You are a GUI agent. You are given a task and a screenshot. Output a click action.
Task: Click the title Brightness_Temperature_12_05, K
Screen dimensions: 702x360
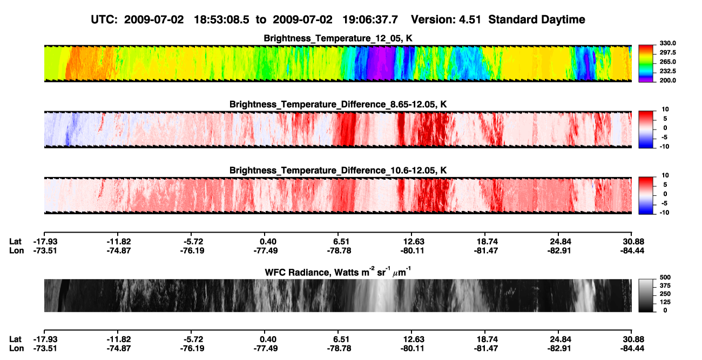tap(338, 38)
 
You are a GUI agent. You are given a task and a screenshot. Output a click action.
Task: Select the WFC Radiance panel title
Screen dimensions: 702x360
tap(337, 271)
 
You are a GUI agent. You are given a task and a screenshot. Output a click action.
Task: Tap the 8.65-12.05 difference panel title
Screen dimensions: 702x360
tap(338, 104)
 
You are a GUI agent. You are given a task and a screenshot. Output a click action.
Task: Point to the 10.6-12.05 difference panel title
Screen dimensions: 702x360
tap(338, 171)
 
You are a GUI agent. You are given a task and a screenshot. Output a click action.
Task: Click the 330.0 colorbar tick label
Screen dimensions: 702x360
tap(667, 43)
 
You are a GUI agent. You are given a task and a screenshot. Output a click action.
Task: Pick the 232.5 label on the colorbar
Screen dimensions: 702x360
tap(667, 71)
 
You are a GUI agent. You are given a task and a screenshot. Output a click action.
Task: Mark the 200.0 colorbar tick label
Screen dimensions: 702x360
tap(667, 80)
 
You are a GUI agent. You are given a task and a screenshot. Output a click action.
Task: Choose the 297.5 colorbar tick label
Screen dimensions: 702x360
tap(667, 53)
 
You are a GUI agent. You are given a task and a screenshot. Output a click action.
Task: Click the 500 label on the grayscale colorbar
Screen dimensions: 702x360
tap(665, 277)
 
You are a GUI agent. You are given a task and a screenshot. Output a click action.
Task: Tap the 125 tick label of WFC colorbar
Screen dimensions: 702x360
tap(665, 302)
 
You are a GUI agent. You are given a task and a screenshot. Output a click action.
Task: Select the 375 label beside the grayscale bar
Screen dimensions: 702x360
tap(665, 286)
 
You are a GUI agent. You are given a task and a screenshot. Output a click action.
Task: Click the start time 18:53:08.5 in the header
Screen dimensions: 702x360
tap(221, 20)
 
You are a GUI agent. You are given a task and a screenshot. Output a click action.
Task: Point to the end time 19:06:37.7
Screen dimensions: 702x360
tap(370, 20)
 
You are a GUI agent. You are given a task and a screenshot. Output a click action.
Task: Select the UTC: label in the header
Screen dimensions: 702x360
tap(104, 20)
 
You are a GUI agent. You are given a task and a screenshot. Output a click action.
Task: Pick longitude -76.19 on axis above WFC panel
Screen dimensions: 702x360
tap(192, 250)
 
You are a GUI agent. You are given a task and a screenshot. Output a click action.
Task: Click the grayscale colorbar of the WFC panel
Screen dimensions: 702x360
tap(646, 295)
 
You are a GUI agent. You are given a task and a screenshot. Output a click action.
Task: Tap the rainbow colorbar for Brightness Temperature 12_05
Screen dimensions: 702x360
tap(646, 64)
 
